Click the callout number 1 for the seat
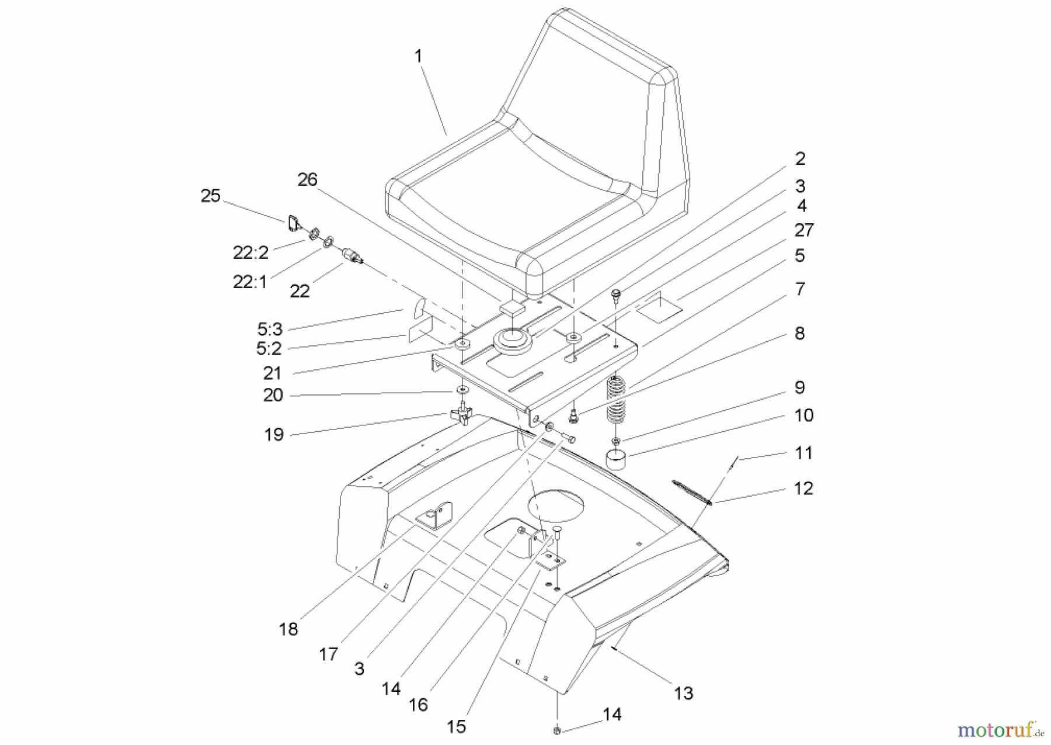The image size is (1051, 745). tap(418, 57)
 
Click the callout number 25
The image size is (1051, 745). tap(210, 196)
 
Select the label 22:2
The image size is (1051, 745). tap(250, 252)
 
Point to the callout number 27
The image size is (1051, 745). tap(804, 230)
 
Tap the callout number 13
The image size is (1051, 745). tap(683, 693)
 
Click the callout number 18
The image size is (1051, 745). tap(288, 629)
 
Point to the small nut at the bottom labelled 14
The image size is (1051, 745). tap(556, 730)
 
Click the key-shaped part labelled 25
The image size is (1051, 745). tap(293, 222)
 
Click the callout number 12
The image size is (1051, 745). tap(803, 488)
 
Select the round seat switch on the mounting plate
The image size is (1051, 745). tap(511, 340)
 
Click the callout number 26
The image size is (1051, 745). tap(307, 179)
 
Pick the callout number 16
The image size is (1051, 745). tap(418, 705)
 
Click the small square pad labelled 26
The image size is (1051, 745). tap(511, 308)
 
